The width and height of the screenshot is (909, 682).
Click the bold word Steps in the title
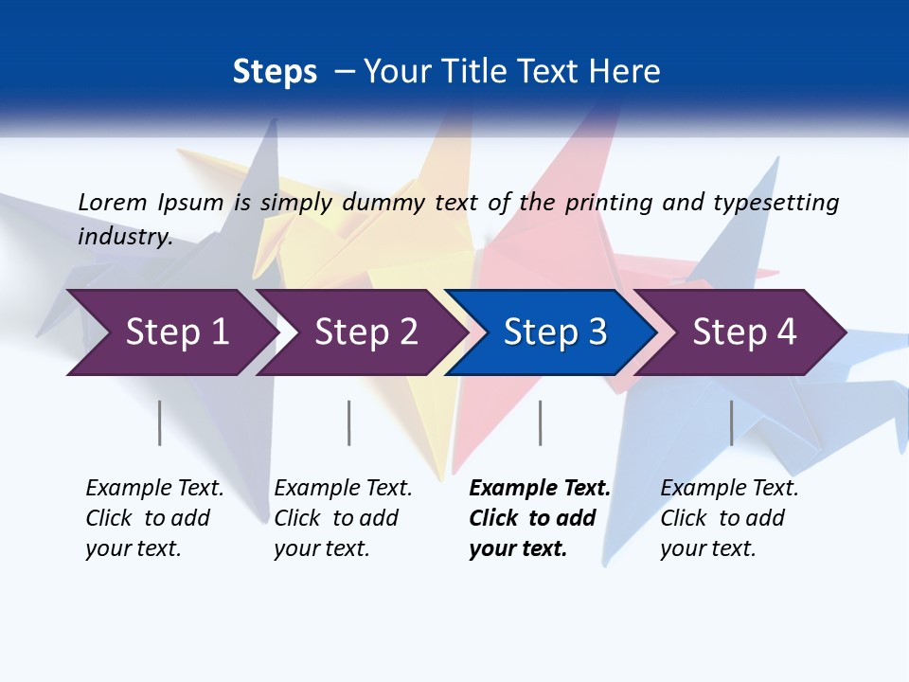(x=275, y=72)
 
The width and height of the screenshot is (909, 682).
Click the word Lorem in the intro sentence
(x=112, y=202)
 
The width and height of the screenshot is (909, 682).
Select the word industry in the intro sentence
(x=124, y=236)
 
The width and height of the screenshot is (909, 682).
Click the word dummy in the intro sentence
(x=383, y=202)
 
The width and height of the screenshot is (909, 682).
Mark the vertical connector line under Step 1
(x=160, y=422)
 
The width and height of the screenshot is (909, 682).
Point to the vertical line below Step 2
(x=349, y=422)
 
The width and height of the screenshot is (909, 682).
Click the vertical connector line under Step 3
(x=540, y=422)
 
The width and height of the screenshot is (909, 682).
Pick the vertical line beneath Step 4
(x=731, y=422)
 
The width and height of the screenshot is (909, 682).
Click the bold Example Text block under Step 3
(x=539, y=518)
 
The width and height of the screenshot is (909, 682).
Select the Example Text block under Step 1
(x=154, y=518)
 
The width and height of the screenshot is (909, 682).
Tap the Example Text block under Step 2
(x=343, y=518)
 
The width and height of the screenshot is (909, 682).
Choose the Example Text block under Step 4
(x=729, y=518)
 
